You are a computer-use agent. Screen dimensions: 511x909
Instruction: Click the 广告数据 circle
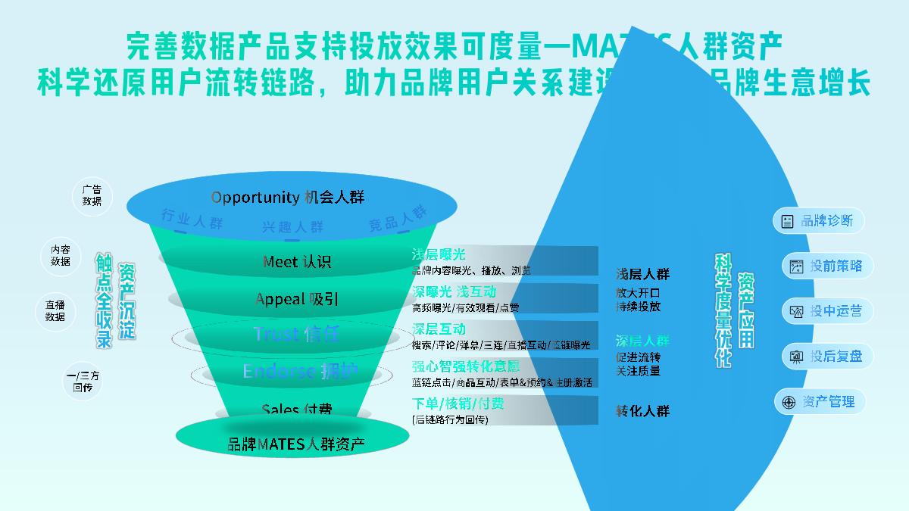pos(92,196)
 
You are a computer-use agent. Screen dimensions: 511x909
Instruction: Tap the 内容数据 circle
pos(61,255)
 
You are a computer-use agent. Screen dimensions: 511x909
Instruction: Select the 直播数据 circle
pos(55,311)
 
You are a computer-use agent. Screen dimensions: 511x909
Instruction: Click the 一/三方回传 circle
pos(83,381)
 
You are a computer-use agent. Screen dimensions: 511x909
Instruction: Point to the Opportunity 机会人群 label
pos(287,198)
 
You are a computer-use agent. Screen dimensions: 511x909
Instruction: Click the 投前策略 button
pos(826,266)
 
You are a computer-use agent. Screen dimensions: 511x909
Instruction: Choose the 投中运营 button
pos(826,311)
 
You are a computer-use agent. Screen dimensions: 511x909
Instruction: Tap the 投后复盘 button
pos(826,357)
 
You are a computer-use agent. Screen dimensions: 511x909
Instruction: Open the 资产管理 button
pos(819,402)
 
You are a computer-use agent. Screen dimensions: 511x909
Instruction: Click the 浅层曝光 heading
pos(439,254)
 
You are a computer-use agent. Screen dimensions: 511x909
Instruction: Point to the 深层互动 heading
pos(439,329)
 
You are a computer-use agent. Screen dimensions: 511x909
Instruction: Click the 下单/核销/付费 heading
pos(458,404)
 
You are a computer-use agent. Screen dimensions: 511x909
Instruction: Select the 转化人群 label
pos(642,411)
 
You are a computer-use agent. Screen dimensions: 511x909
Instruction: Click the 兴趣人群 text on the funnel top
pos(292,227)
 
